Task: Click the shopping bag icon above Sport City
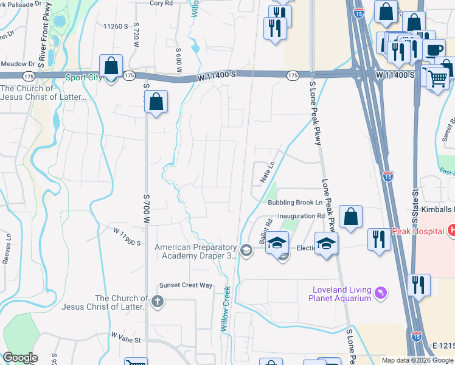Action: [111, 65]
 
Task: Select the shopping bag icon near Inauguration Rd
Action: [351, 217]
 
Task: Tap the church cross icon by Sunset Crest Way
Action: [157, 301]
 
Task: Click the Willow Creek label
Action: [226, 309]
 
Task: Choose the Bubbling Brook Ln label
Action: [295, 203]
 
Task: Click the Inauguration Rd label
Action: [301, 216]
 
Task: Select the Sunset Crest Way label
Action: [186, 285]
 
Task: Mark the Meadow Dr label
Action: [18, 63]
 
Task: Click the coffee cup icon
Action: [434, 49]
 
